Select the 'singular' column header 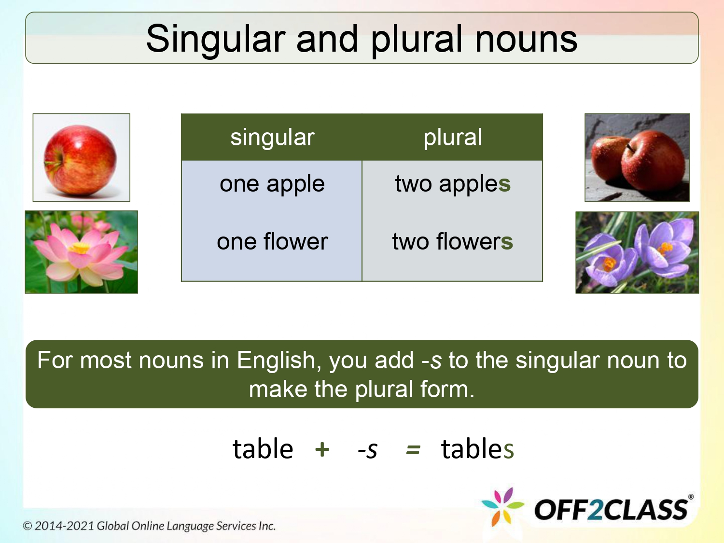(272, 138)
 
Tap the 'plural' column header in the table (452, 138)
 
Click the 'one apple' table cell (272, 184)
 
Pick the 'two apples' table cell (452, 184)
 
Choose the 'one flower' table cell (272, 241)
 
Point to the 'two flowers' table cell (452, 241)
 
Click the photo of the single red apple (81, 158)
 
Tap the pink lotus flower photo (81, 252)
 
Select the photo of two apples (637, 158)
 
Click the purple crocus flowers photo (637, 252)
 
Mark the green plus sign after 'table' (322, 449)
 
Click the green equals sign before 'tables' (413, 450)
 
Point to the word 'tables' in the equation (477, 449)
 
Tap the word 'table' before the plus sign (263, 449)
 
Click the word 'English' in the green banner (276, 361)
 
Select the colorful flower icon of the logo (503, 507)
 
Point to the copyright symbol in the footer (28, 526)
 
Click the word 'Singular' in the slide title (216, 40)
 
